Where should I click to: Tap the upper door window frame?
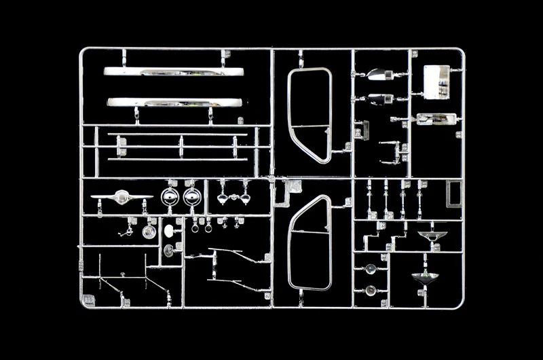click(x=310, y=115)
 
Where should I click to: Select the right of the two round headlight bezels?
click(x=191, y=198)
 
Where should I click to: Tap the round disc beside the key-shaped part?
click(x=149, y=232)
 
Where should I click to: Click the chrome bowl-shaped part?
click(x=424, y=278)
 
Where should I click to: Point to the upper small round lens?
click(x=371, y=270)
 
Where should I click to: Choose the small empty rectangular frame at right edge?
click(x=454, y=194)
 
